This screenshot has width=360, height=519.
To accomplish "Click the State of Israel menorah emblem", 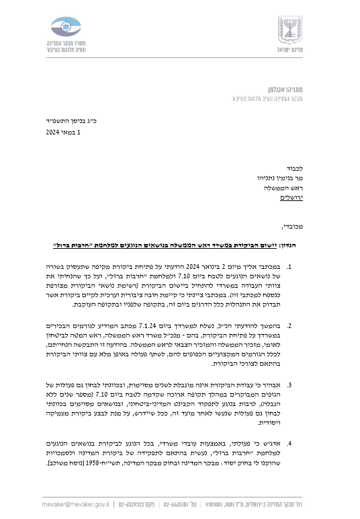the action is click(x=289, y=30).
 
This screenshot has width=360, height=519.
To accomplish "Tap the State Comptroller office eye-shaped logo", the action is click(x=69, y=28).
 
